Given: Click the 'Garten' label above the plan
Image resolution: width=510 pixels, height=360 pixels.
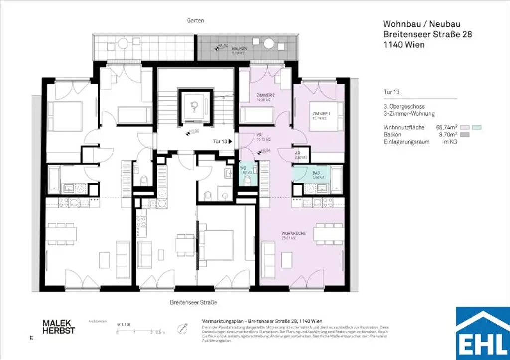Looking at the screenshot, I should pyautogui.click(x=196, y=21).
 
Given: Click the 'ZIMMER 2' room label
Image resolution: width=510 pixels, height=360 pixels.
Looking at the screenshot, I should pyautogui.click(x=265, y=95).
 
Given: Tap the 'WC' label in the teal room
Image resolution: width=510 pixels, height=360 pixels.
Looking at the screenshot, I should pyautogui.click(x=243, y=169).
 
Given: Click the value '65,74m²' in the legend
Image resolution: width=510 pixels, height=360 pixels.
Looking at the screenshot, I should pyautogui.click(x=446, y=127).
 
